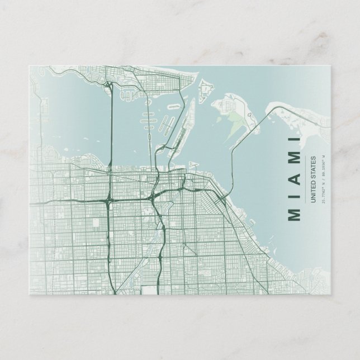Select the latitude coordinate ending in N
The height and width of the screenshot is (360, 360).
tap(323, 207)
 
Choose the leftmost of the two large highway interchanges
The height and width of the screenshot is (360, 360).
tap(108, 200)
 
